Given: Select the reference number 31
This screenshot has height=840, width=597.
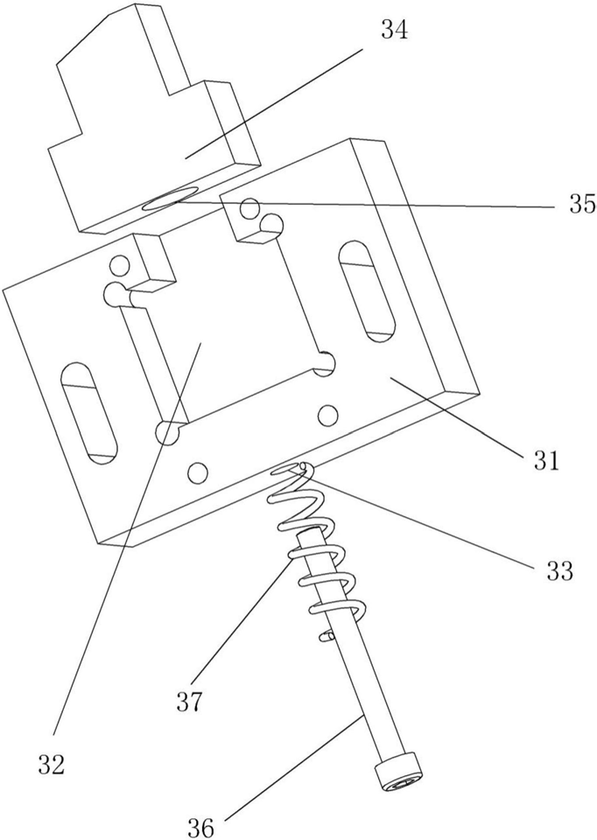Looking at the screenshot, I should (x=544, y=458).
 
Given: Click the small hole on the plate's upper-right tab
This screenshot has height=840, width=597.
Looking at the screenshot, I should (x=249, y=210).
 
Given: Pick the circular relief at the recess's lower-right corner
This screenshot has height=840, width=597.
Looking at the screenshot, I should (x=326, y=362).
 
